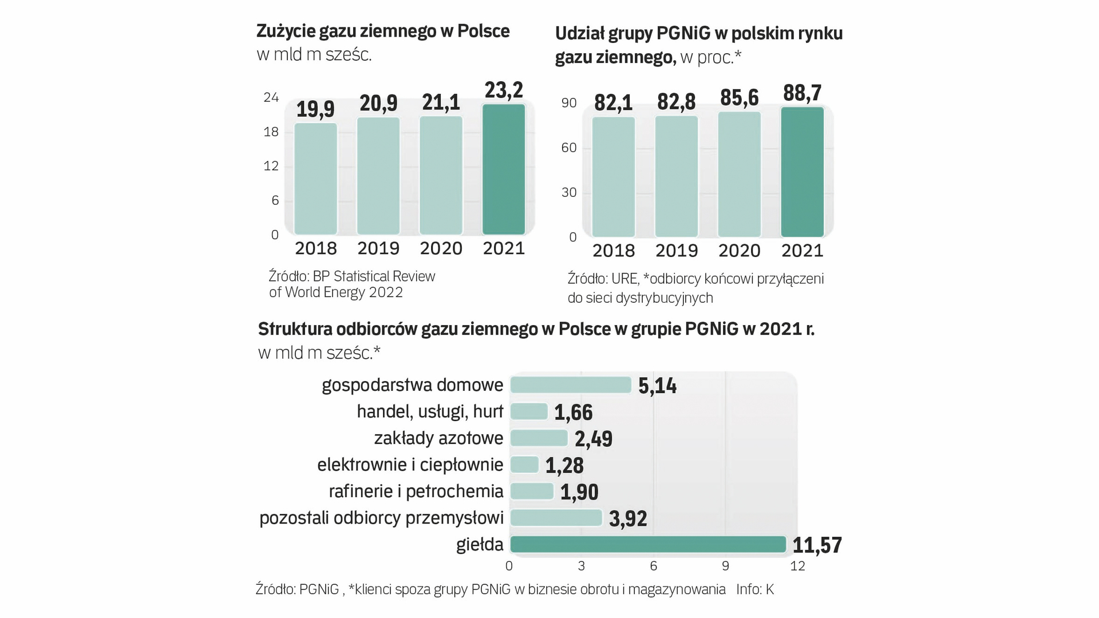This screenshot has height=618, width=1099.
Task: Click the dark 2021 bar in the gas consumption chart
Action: (504, 169)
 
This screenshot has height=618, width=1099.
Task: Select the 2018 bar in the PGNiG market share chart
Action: (614, 177)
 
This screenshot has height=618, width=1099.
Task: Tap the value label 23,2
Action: (504, 90)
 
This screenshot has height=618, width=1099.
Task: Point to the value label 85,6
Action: (740, 98)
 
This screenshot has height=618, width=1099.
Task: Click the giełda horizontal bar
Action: (648, 544)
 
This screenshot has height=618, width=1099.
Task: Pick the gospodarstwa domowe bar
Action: (571, 385)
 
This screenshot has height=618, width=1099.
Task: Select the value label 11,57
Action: (817, 545)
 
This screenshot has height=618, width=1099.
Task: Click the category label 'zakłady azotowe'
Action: (438, 438)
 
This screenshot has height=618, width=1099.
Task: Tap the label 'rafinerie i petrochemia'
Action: (416, 492)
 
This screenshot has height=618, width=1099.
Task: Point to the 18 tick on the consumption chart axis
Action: (271, 132)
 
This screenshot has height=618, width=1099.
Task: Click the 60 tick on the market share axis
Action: (569, 148)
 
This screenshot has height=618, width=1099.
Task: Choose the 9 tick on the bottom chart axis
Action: (725, 566)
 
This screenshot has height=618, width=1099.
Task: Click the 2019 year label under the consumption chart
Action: (378, 248)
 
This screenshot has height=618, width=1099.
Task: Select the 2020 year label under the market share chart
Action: (740, 251)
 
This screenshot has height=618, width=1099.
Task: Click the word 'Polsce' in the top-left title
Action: (483, 31)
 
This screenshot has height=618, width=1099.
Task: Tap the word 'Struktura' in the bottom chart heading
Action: (295, 329)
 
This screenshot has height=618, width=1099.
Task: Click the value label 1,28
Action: (564, 466)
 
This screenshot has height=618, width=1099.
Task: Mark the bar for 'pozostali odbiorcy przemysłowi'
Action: (556, 518)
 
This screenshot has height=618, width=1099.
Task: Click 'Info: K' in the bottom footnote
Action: (755, 589)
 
